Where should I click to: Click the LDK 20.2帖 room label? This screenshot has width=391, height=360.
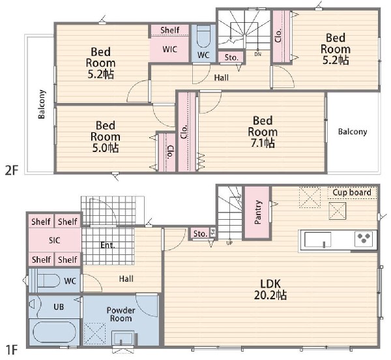[270, 290]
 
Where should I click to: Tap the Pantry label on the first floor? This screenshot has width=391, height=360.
[258, 213]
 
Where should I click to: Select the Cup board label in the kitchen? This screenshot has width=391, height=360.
[352, 192]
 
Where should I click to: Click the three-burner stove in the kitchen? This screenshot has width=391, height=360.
[364, 239]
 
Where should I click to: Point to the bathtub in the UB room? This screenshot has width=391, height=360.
[54, 332]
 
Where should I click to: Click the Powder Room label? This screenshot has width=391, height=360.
[121, 314]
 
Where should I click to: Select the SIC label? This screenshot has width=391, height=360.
[54, 240]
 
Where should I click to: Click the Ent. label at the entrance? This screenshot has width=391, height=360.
[108, 245]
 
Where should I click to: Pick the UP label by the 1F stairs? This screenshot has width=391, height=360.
[229, 243]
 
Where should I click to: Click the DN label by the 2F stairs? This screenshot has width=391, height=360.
[258, 54]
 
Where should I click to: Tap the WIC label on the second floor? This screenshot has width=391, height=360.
[170, 49]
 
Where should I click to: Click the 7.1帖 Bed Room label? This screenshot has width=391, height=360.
[263, 132]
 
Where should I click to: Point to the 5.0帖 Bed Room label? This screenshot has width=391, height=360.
[105, 136]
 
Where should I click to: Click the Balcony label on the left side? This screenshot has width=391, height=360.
[42, 104]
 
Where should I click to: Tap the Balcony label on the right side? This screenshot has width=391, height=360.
[353, 132]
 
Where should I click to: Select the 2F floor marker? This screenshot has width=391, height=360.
[12, 170]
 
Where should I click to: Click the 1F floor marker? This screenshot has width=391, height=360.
[11, 350]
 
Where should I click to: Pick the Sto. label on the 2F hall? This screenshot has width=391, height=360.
[231, 57]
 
